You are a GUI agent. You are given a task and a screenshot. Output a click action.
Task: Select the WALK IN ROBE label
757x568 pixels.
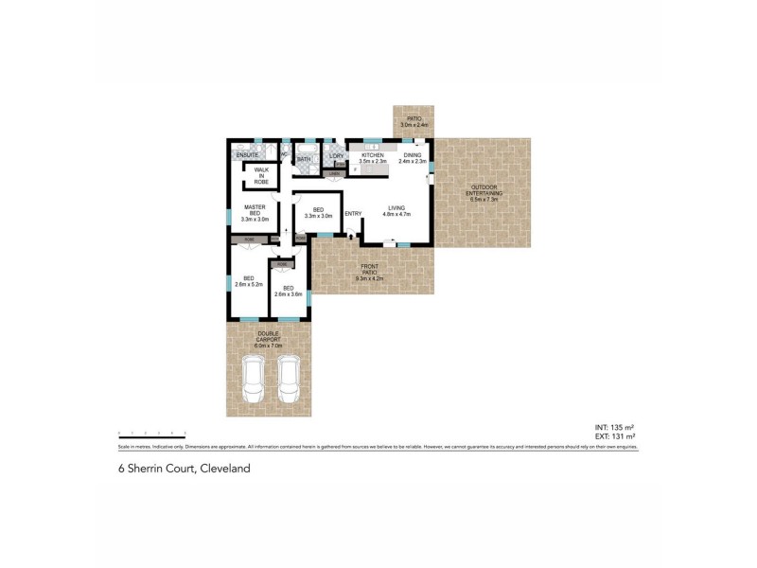tap(260, 175)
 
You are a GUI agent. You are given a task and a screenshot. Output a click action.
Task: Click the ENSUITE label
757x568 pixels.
tap(248, 154)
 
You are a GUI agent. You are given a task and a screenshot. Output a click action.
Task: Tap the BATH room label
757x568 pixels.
tap(304, 159)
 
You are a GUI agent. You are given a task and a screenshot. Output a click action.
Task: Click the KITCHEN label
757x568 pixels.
tap(371, 158)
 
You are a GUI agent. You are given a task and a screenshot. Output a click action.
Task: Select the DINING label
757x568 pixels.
tap(413, 158)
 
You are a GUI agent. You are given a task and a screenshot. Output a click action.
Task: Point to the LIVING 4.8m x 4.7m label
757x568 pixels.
tap(395, 211)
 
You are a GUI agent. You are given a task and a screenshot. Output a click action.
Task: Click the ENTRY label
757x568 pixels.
tap(353, 213)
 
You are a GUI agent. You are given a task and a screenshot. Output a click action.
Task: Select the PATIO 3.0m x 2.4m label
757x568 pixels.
tap(414, 121)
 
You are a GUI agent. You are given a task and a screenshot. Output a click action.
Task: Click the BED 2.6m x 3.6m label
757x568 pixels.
tap(287, 291)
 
